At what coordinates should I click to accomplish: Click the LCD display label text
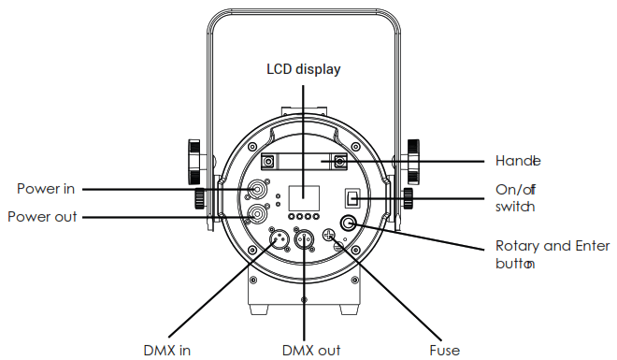pyautogui.click(x=304, y=69)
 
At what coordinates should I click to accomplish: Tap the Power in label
pyautogui.click(x=46, y=189)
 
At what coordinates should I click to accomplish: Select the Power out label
pyautogui.click(x=42, y=217)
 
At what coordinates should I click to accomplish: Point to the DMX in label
pyautogui.click(x=166, y=350)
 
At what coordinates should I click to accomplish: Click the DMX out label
pyautogui.click(x=311, y=350)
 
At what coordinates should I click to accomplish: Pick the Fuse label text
pyautogui.click(x=445, y=350)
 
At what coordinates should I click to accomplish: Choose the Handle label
pyautogui.click(x=518, y=161)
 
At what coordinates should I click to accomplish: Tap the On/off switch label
pyautogui.click(x=515, y=198)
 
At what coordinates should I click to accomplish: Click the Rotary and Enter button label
pyautogui.click(x=552, y=254)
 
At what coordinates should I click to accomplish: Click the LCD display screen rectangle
pyautogui.click(x=304, y=198)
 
